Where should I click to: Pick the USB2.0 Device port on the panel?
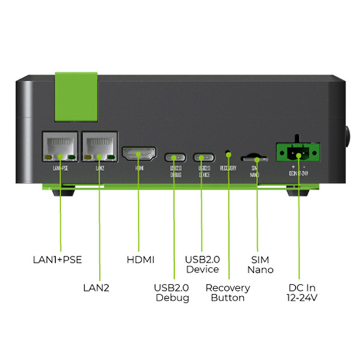click(203, 157)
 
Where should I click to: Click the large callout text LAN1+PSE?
click(56, 260)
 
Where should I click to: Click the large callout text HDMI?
click(141, 260)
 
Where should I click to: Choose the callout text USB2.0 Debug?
click(173, 292)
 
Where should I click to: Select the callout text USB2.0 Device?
click(202, 265)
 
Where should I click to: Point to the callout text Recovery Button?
click(228, 292)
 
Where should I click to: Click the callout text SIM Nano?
click(260, 265)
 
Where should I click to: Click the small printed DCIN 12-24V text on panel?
click(298, 169)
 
